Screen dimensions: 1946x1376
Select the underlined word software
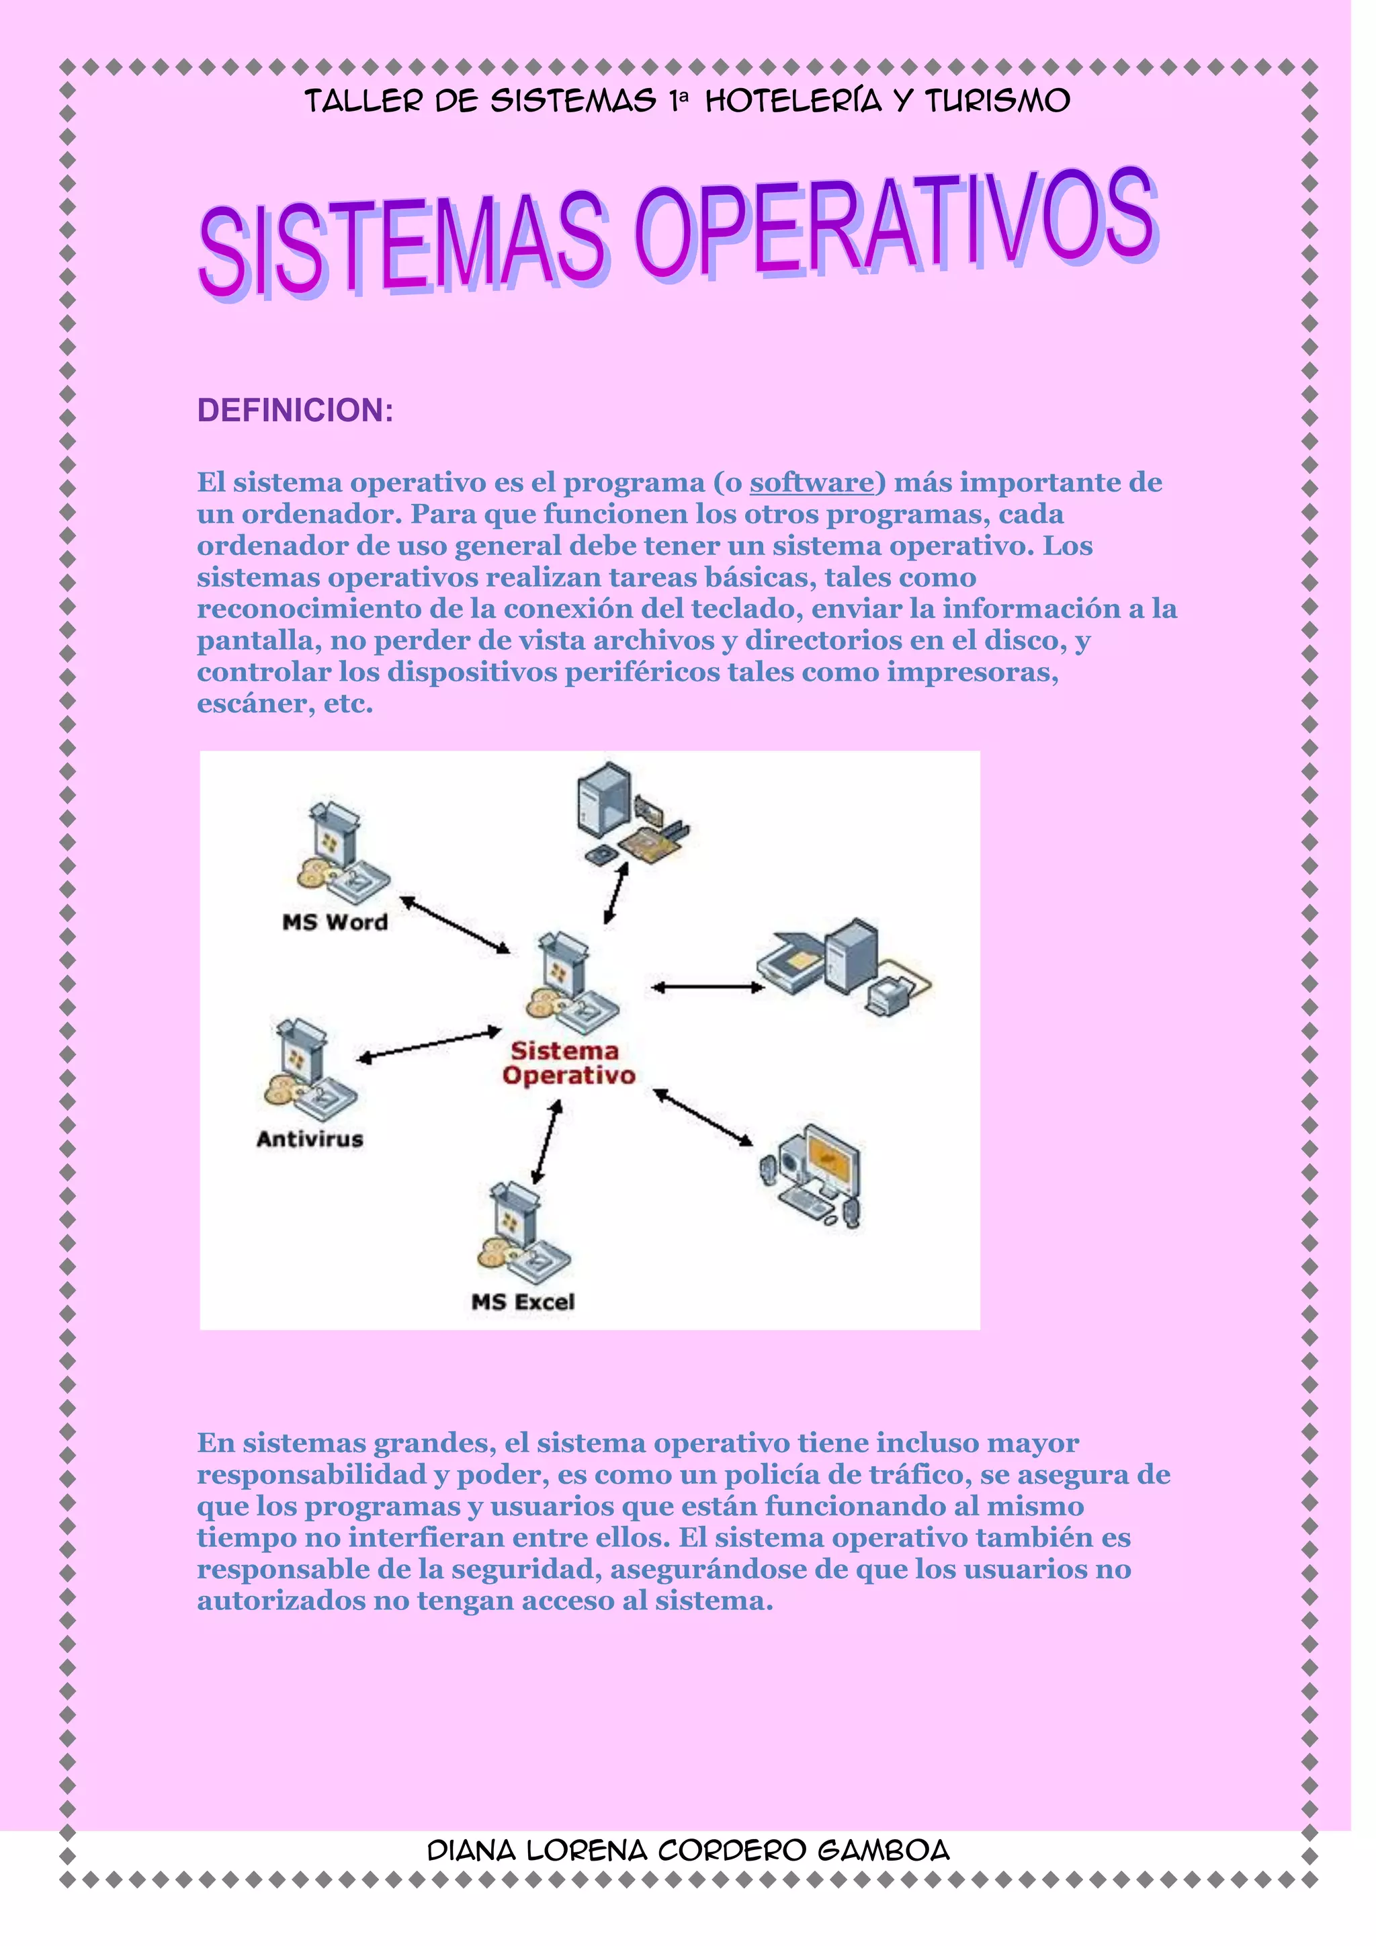[x=811, y=482]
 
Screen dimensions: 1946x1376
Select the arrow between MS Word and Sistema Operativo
[x=455, y=925]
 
